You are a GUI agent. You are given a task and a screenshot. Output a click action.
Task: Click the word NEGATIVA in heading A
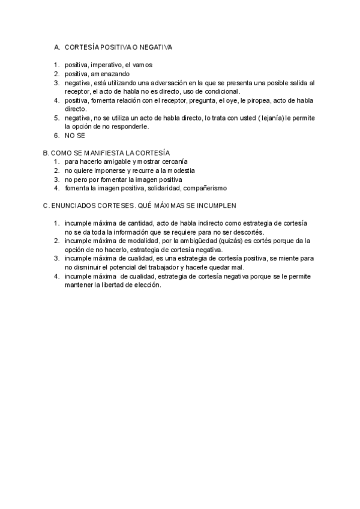pos(155,46)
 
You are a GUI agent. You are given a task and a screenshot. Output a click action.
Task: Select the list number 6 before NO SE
pos(56,136)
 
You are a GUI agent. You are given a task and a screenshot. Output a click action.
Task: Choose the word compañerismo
pos(203,188)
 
